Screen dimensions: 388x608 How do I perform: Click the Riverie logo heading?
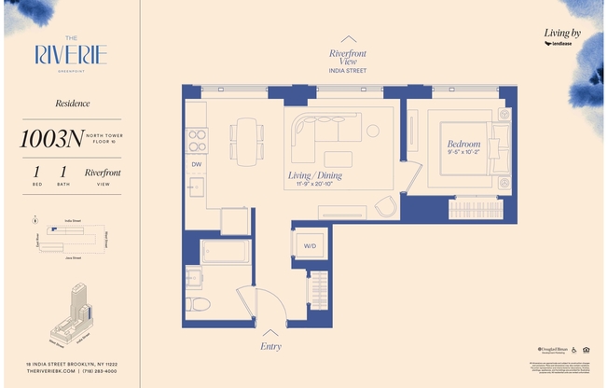click(71, 54)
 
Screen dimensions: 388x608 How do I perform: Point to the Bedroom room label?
click(463, 144)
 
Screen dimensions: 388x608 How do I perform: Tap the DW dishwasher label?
click(197, 164)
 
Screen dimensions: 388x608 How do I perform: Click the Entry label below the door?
click(270, 344)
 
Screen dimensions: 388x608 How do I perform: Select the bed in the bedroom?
click(471, 149)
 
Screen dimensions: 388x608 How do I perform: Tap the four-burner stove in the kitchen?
click(197, 140)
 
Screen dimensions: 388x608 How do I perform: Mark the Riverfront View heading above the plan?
click(347, 59)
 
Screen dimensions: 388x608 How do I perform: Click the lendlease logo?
click(563, 44)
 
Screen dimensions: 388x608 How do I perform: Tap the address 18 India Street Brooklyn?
click(71, 363)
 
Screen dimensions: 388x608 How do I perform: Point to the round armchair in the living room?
click(385, 207)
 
